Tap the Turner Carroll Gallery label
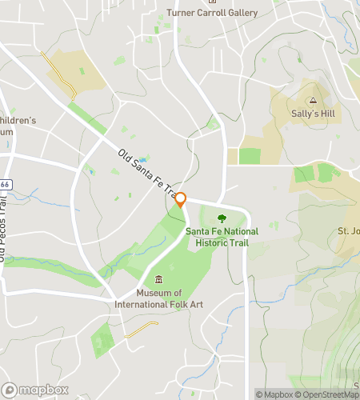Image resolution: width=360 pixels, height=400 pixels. (x=212, y=13)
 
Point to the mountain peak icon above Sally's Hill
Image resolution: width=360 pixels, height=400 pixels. (x=313, y=101)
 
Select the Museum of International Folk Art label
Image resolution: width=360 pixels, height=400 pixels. (x=158, y=298)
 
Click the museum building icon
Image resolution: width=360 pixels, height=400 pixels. (x=158, y=279)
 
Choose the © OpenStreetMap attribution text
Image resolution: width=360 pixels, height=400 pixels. (x=327, y=394)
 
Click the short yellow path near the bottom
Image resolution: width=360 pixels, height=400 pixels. (x=141, y=329)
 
